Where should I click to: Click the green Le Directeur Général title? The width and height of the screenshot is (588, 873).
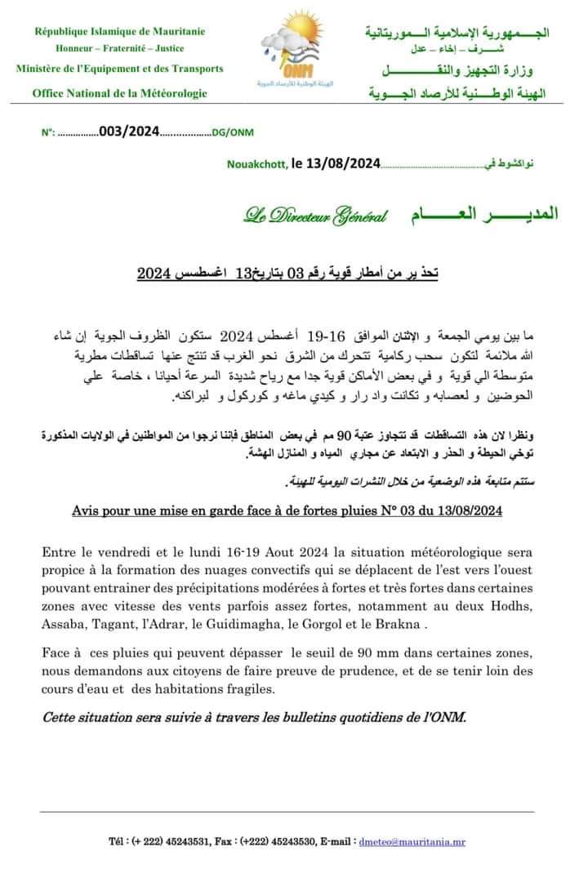pos(315,216)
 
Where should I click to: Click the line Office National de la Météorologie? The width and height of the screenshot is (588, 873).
pos(120,93)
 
